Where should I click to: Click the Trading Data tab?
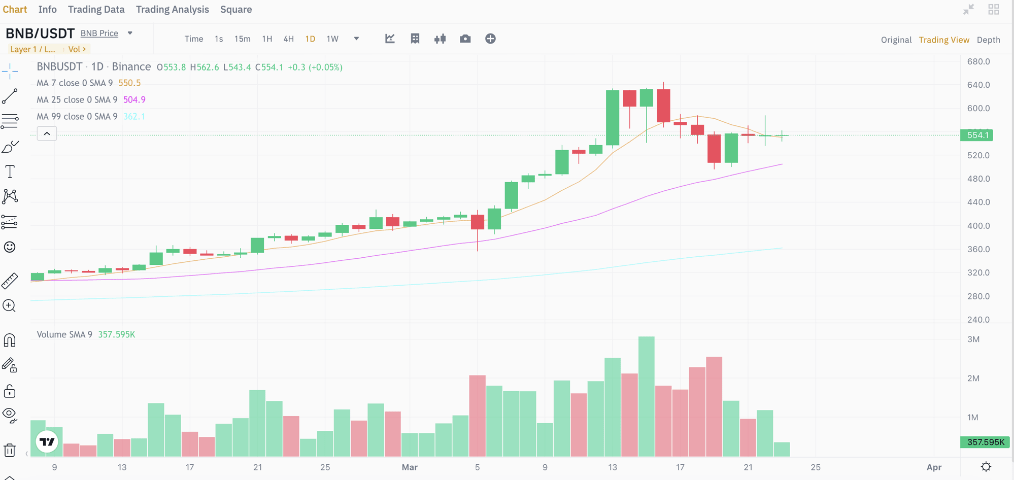click(x=96, y=10)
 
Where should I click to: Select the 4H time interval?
click(x=288, y=39)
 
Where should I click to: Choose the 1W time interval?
click(x=332, y=39)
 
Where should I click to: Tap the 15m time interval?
click(x=242, y=39)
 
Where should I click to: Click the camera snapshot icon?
click(x=465, y=39)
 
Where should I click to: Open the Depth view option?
click(x=988, y=40)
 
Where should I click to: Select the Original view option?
click(x=896, y=40)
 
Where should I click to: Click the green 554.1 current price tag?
click(x=977, y=135)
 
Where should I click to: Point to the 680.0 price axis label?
click(x=978, y=61)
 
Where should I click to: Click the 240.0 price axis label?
click(x=978, y=320)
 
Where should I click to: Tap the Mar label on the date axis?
click(x=410, y=467)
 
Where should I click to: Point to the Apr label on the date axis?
click(x=934, y=467)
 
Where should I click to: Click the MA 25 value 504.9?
click(x=134, y=100)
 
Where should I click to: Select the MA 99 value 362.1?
click(x=134, y=117)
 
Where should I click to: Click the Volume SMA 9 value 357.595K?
click(x=116, y=334)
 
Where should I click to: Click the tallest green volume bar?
click(x=646, y=396)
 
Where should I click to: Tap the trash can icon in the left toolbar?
click(x=10, y=450)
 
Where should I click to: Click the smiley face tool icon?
click(x=10, y=247)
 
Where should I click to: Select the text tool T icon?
click(x=10, y=172)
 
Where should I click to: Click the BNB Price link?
click(x=99, y=33)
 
